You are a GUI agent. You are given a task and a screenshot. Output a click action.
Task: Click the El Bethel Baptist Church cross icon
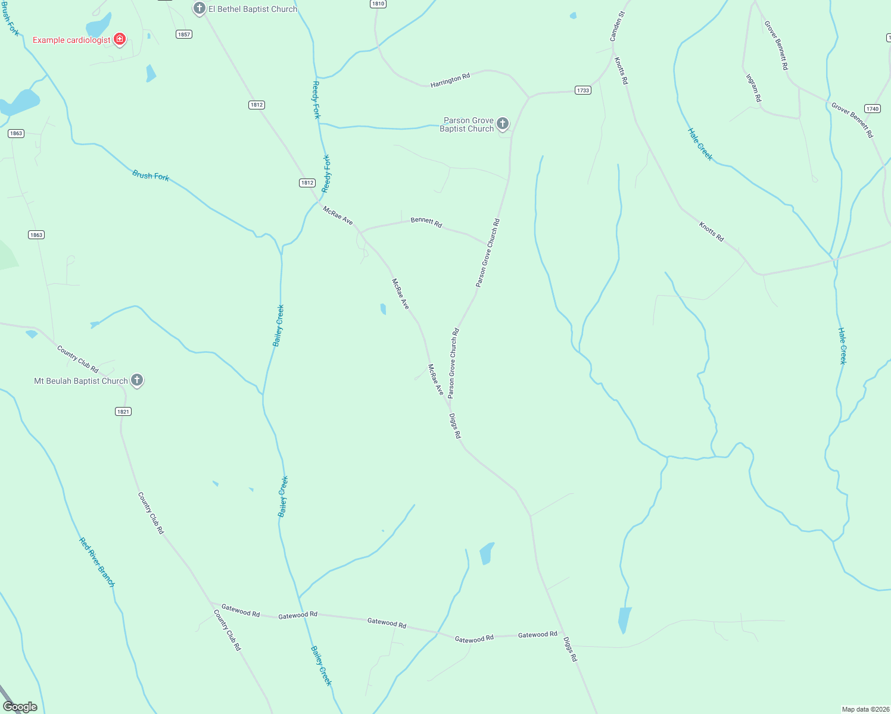point(200,8)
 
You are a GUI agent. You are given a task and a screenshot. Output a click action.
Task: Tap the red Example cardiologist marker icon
point(120,39)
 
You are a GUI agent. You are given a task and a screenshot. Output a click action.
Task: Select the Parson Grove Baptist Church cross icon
point(503,123)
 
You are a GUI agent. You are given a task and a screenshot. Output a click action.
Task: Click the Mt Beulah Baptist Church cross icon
point(137,380)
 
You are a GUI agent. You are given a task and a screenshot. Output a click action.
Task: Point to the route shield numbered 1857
point(184,35)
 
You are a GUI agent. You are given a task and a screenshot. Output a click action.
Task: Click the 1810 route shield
point(378,4)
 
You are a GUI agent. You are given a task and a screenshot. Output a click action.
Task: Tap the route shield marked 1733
point(582,90)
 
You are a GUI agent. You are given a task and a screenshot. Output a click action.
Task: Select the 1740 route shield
point(872,109)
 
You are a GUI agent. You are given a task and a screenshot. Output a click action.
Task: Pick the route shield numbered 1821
point(123,412)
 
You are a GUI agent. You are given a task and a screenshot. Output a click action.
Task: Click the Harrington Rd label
point(450,80)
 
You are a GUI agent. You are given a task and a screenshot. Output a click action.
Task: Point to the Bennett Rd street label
point(426,223)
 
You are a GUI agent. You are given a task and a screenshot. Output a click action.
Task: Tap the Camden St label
point(617,26)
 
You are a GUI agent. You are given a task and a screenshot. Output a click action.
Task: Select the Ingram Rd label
point(753,87)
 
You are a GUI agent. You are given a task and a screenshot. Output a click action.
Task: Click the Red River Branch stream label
point(97,562)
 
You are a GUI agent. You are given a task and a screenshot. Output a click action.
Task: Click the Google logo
point(20,706)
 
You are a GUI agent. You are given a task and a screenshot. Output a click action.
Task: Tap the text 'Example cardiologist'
point(71,40)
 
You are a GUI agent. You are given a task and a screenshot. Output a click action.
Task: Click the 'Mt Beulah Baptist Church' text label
point(81,381)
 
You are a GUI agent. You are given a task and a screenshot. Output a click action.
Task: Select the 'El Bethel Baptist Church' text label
point(253,9)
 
